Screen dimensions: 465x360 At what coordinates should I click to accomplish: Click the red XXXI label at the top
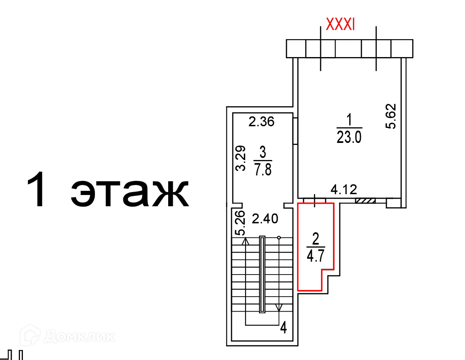pyautogui.click(x=340, y=24)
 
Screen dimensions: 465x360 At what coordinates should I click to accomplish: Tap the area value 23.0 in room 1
pyautogui.click(x=349, y=137)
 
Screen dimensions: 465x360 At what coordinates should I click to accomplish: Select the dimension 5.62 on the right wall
pyautogui.click(x=391, y=116)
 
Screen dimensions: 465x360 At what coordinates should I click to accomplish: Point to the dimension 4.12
pyautogui.click(x=344, y=189)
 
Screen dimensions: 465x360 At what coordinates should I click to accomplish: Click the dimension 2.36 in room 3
pyautogui.click(x=261, y=122)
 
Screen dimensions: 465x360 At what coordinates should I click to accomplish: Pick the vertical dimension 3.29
pyautogui.click(x=241, y=158)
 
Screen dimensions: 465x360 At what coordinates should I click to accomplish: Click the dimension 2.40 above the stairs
pyautogui.click(x=265, y=219)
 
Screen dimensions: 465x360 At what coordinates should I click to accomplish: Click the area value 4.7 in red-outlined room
pyautogui.click(x=316, y=256)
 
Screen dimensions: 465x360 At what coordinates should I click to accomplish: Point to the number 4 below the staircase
pyautogui.click(x=284, y=327)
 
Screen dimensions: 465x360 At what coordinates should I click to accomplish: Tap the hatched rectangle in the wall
pyautogui.click(x=366, y=201)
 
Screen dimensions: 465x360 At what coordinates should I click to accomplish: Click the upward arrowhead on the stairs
pyautogui.click(x=245, y=241)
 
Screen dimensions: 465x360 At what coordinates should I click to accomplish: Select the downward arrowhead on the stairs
pyautogui.click(x=279, y=307)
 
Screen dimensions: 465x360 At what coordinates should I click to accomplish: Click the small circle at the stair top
pyautogui.click(x=279, y=237)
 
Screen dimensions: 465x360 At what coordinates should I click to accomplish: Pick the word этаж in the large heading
pyautogui.click(x=129, y=193)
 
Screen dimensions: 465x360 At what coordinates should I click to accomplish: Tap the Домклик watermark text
pyautogui.click(x=80, y=337)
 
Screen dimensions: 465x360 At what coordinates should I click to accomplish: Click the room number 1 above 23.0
pyautogui.click(x=349, y=120)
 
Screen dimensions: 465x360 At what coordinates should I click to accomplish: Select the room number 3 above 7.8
pyautogui.click(x=263, y=152)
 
